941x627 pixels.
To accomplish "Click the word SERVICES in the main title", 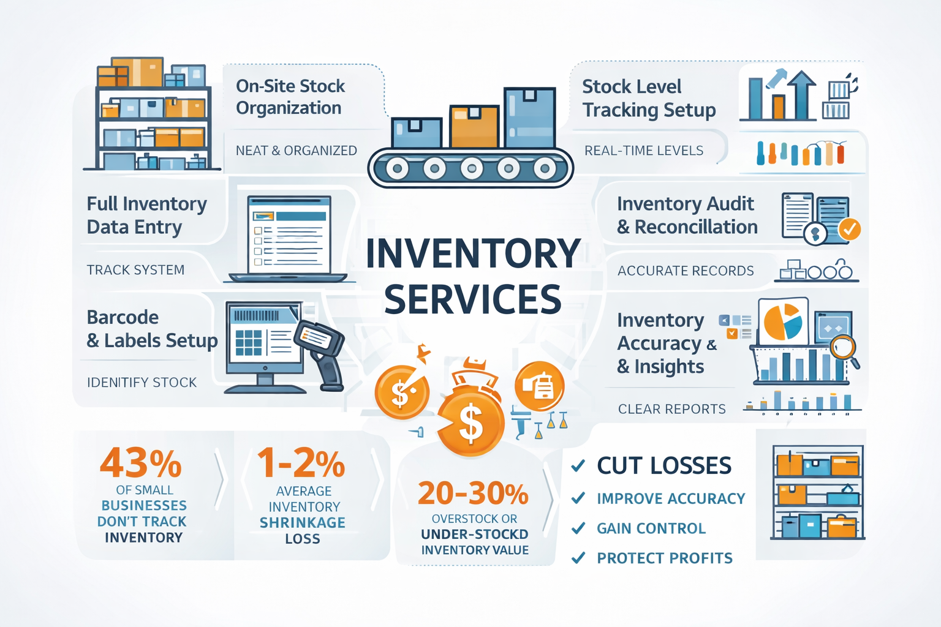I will pos(472,299).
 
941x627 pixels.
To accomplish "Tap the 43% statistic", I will pos(141,463).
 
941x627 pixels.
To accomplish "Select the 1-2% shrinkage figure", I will pos(301,463).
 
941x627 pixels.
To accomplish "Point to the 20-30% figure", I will pos(473,493).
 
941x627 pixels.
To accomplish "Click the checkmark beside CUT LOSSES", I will pos(578,466).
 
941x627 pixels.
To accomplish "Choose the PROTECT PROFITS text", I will pos(665,558).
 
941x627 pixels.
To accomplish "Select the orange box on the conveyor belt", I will pos(474,126).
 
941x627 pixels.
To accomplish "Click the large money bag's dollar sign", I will pos(470,424).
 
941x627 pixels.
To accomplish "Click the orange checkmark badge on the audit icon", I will pos(849,229).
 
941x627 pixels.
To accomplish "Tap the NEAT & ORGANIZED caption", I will pos(296,151).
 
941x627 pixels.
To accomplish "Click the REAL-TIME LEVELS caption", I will pos(644,151).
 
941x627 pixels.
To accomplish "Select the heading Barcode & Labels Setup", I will pos(152,329).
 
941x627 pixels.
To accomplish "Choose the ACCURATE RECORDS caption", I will pos(686,271).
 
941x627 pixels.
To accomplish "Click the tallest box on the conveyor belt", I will pos(529,117).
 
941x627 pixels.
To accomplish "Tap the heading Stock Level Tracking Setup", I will pos(649,98).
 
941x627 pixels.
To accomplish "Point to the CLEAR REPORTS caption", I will pos(671,409).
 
